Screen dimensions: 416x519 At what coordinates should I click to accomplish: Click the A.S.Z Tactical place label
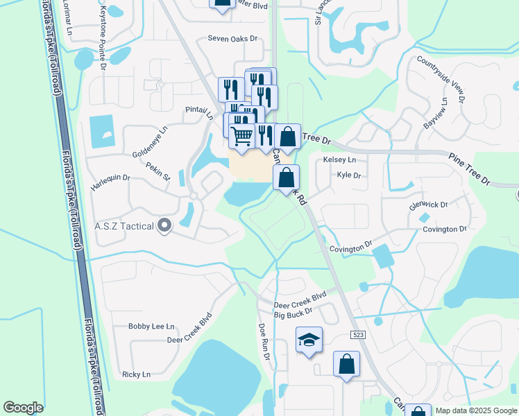[124, 225]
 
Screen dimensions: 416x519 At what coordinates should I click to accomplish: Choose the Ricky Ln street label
[136, 374]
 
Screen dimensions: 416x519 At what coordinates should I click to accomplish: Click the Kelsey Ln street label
[340, 160]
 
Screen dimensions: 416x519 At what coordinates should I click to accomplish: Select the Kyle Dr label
[348, 175]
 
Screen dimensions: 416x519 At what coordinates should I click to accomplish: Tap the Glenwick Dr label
[429, 205]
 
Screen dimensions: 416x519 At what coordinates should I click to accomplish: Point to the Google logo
[23, 408]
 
